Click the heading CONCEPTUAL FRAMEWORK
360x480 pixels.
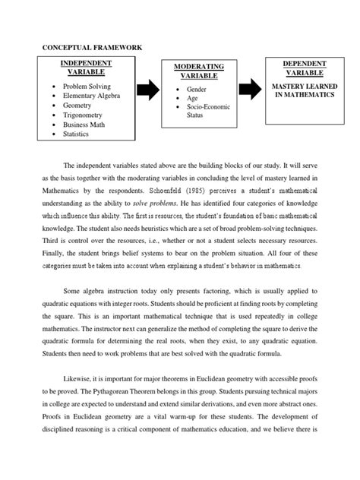coord(90,47)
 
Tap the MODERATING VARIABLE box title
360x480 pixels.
coord(198,71)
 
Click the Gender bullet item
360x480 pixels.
coord(196,89)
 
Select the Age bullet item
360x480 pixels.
coord(191,98)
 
